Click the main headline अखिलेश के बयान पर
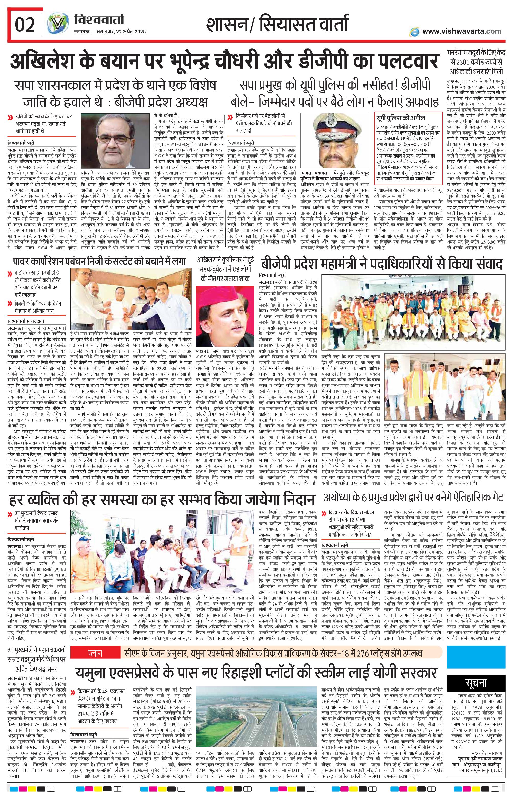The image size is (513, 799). [x=224, y=61]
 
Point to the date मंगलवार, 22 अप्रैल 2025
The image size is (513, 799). [x=110, y=32]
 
